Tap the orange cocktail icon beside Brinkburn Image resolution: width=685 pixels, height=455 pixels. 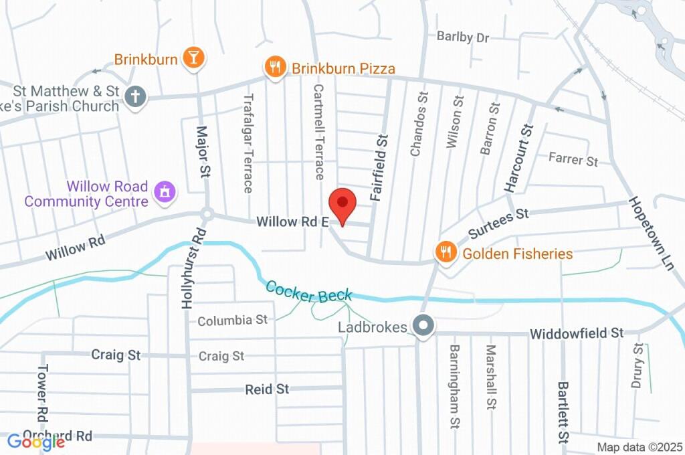point(193,58)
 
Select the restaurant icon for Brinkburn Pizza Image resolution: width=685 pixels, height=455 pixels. point(274,67)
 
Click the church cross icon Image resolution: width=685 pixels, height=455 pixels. point(135,96)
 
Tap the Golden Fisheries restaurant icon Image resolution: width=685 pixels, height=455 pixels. point(444,252)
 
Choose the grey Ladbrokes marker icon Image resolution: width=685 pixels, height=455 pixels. point(423,327)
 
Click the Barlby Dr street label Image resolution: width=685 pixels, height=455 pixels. point(463,37)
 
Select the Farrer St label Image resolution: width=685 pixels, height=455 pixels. point(573,159)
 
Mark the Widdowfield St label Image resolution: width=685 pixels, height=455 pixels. point(576,333)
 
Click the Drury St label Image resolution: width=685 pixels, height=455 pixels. point(638,366)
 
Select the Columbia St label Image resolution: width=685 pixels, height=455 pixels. point(232,321)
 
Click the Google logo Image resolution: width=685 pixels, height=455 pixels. point(36,442)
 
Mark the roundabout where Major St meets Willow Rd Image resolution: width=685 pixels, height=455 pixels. point(207,215)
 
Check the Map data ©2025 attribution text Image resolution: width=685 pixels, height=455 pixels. point(640,447)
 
